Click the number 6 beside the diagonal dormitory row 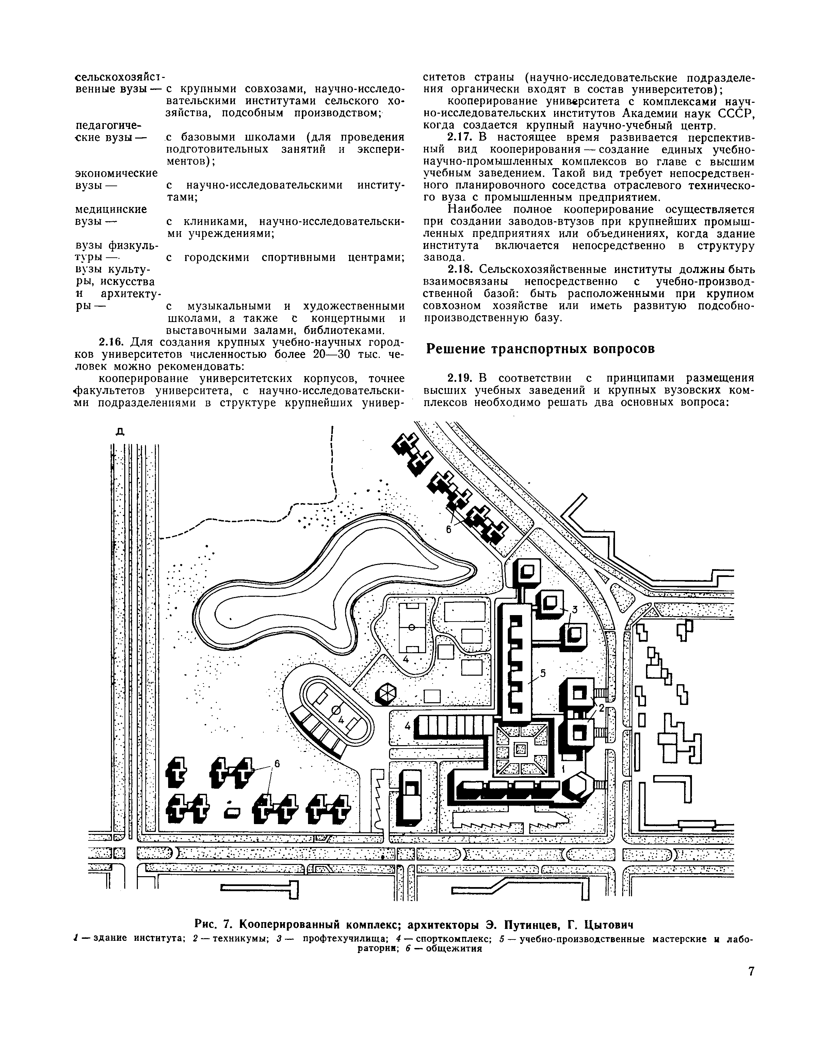448,529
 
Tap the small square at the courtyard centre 520,749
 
